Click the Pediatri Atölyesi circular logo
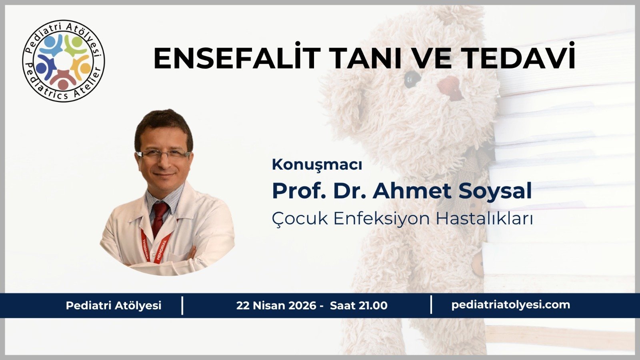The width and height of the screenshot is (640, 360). [x=63, y=61]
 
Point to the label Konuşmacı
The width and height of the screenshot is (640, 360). [x=317, y=165]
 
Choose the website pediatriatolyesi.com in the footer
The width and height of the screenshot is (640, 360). [x=510, y=305]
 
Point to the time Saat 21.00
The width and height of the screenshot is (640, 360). [x=358, y=306]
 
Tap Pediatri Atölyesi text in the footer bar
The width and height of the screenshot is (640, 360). [x=114, y=306]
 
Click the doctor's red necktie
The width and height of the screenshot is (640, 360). [x=159, y=218]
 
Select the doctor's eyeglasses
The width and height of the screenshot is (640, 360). [x=163, y=155]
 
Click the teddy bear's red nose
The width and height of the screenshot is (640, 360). [x=450, y=86]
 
